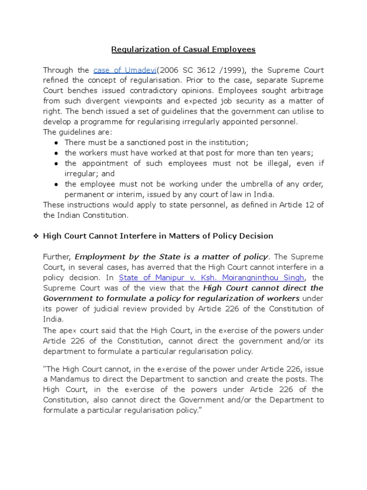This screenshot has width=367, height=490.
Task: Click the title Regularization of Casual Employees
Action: [183, 49]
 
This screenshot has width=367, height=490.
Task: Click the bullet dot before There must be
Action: [57, 143]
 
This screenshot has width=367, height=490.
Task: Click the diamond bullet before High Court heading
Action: [36, 236]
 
